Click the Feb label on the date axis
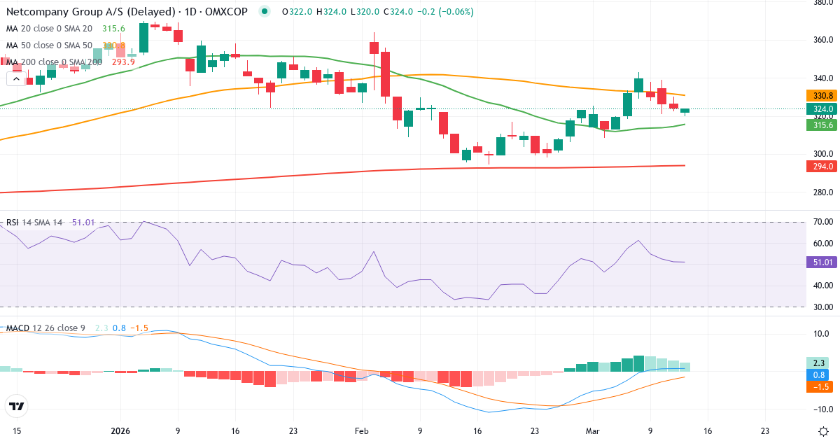click(x=361, y=431)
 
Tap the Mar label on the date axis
click(x=591, y=431)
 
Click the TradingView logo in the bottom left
click(x=17, y=406)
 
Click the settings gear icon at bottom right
click(x=824, y=431)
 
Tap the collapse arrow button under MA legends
click(x=15, y=79)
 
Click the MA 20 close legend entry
click(x=49, y=29)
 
